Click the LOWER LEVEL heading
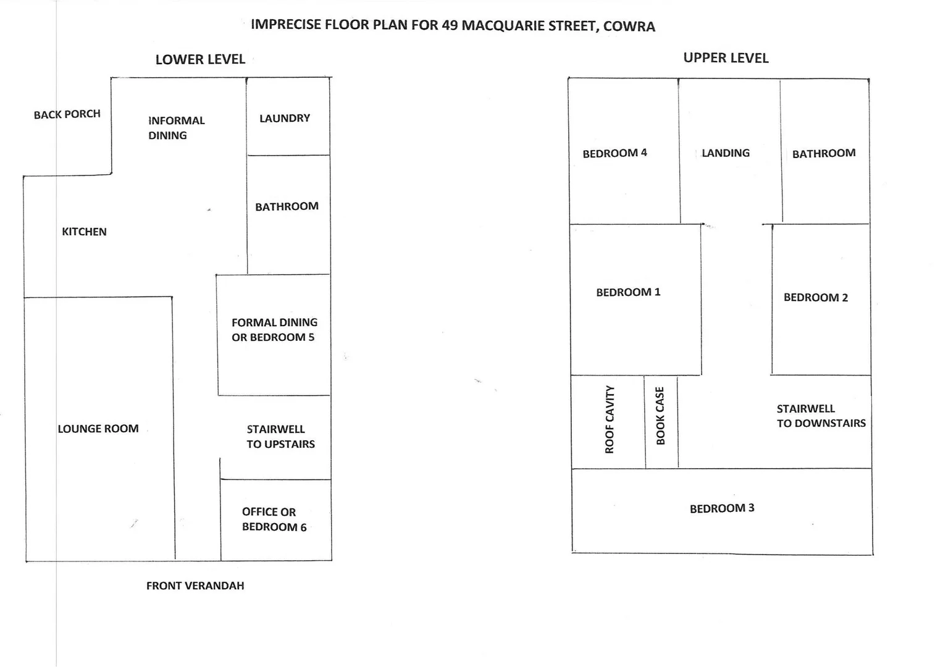click(200, 59)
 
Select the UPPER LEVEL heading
click(726, 58)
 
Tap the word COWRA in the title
click(629, 26)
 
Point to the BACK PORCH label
click(67, 114)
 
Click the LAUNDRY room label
click(285, 118)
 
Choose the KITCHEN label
click(84, 232)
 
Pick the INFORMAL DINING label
click(176, 128)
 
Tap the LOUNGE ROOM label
click(98, 429)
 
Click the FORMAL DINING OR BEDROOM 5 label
click(274, 330)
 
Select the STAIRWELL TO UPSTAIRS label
click(280, 437)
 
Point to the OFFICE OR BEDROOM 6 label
click(274, 519)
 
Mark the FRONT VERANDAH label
click(195, 585)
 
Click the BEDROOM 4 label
click(614, 153)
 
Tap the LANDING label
click(726, 153)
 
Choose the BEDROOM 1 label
click(628, 292)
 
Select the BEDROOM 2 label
click(815, 298)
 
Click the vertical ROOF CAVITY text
click(610, 419)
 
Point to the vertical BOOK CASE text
click(660, 416)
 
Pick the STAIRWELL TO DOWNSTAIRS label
click(821, 416)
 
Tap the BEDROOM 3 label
click(722, 508)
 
